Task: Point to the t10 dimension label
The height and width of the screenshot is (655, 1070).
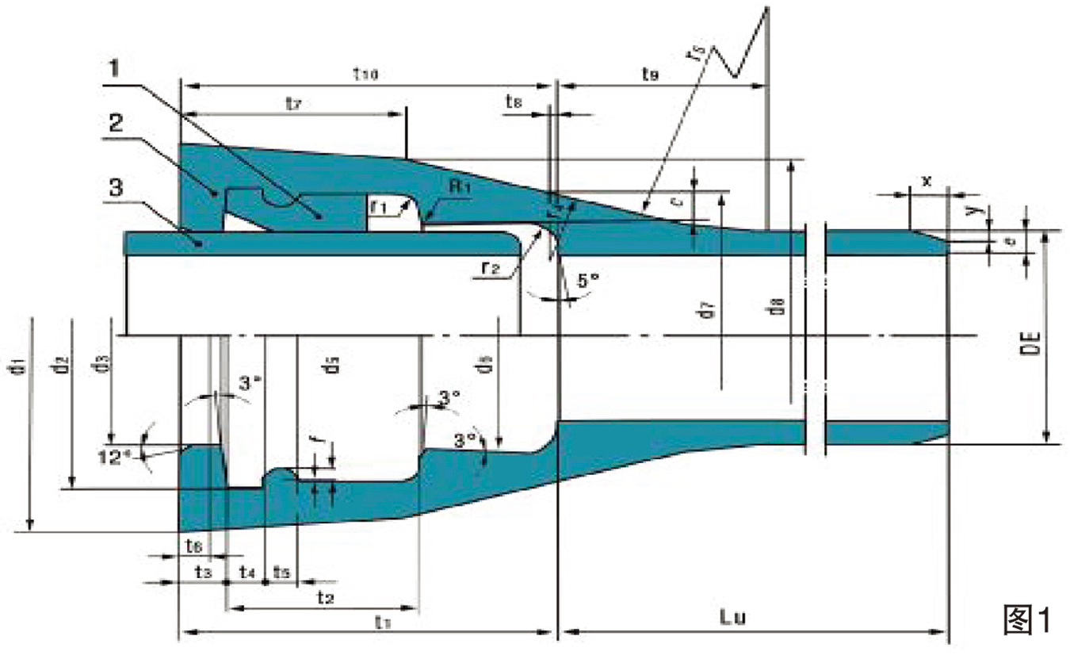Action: click(366, 73)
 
